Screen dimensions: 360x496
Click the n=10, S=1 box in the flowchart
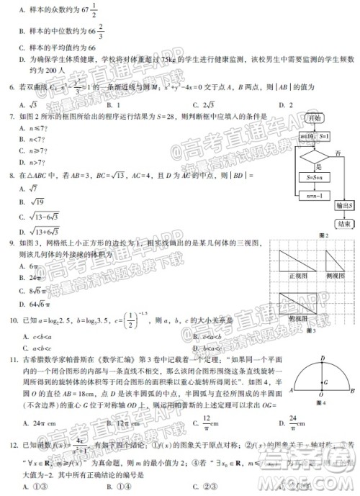click(311, 136)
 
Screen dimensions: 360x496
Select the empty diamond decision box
click(311, 157)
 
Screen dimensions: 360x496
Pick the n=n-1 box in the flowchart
click(311, 193)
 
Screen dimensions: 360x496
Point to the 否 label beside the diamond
click(338, 152)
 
